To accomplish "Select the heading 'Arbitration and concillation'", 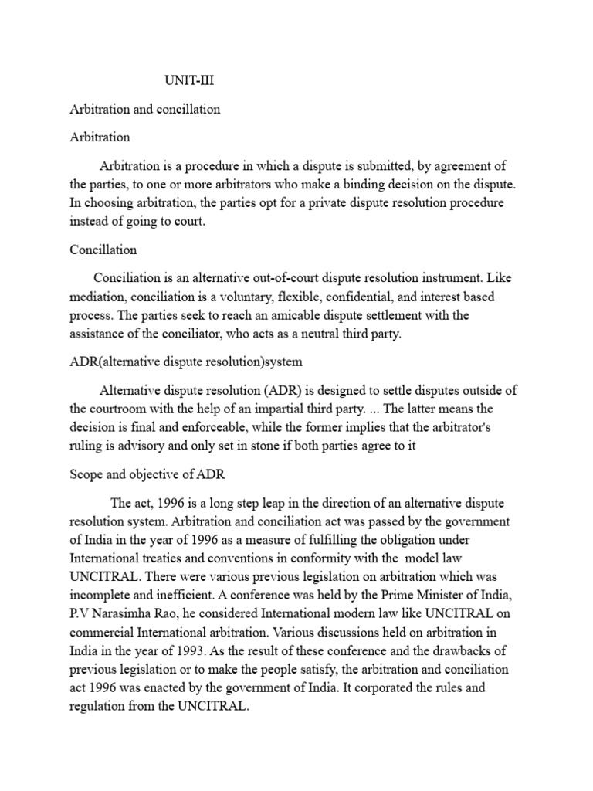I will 145,109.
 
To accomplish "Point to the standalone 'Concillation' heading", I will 103,250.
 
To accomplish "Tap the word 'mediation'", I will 97,297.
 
